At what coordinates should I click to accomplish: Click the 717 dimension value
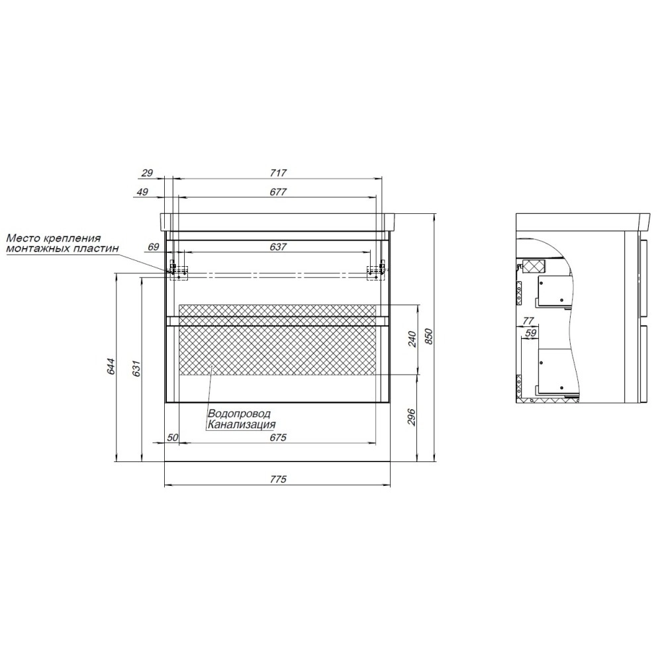pyautogui.click(x=278, y=173)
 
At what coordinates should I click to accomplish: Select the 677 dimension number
pyautogui.click(x=278, y=192)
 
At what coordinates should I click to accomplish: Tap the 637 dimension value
pyautogui.click(x=278, y=247)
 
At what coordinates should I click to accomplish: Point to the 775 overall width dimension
pyautogui.click(x=277, y=479)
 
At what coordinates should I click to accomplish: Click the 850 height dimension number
pyautogui.click(x=430, y=336)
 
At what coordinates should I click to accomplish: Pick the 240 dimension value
pyautogui.click(x=412, y=339)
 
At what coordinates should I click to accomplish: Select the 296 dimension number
pyautogui.click(x=412, y=416)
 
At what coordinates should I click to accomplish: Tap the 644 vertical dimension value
pyautogui.click(x=111, y=366)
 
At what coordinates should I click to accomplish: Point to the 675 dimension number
pyautogui.click(x=277, y=438)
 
